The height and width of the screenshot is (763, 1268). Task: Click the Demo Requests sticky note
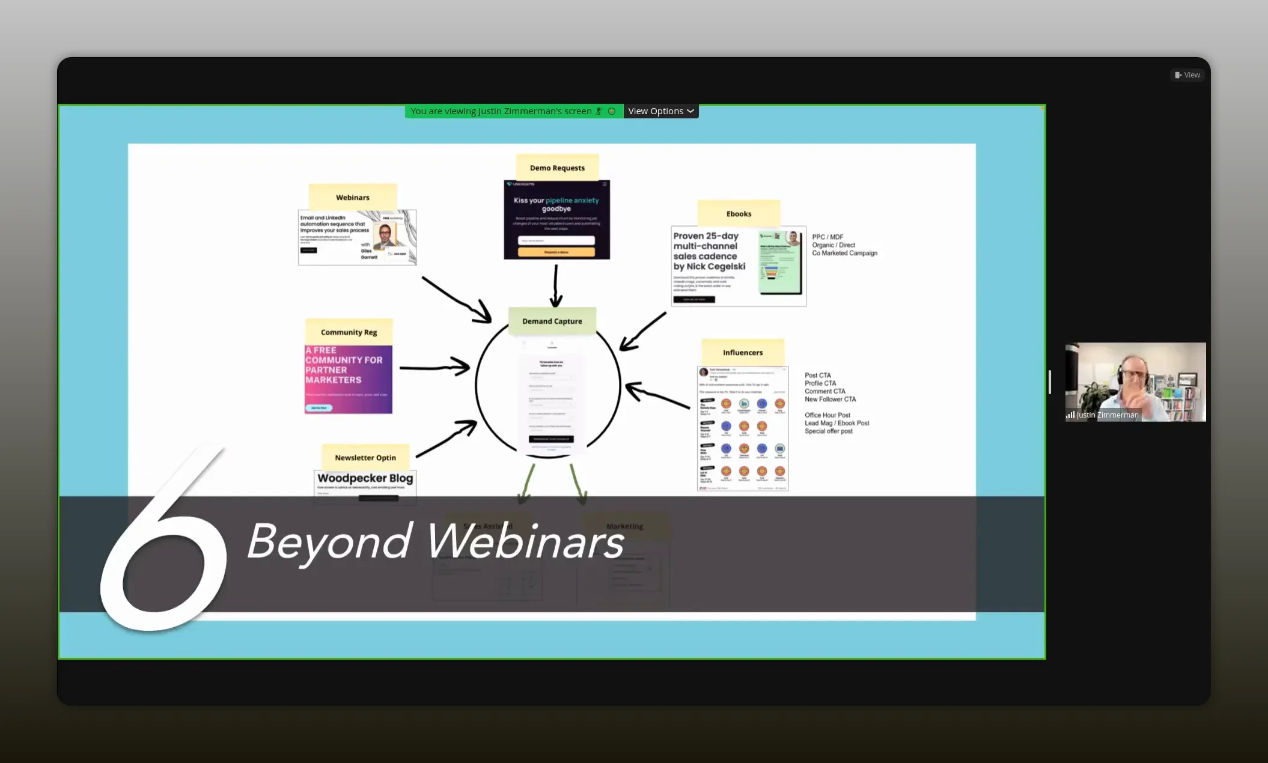(557, 168)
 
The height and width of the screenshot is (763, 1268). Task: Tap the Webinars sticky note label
(353, 197)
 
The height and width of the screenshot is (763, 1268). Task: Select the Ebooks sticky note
(739, 213)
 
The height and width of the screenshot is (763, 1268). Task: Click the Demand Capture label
(552, 321)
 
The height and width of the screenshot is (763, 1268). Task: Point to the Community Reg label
(349, 332)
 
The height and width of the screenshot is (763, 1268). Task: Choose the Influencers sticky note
(743, 352)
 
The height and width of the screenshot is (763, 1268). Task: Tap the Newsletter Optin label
(365, 457)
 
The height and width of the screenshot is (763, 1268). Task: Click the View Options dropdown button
(660, 111)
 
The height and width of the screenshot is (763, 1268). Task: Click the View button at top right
(1187, 75)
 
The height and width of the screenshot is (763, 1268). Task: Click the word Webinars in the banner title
(525, 541)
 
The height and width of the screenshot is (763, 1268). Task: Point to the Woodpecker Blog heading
(365, 478)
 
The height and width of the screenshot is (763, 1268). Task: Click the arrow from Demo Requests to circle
(556, 286)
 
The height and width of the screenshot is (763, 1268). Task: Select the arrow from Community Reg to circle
(434, 367)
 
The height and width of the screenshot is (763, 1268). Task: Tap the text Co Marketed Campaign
(844, 253)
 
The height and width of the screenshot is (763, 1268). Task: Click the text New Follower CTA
(830, 399)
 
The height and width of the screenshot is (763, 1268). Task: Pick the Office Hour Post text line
(827, 415)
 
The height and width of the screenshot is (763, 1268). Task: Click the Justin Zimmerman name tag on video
(1107, 415)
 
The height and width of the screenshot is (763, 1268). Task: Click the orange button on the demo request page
(556, 252)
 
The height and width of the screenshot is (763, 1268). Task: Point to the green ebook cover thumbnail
(780, 263)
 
